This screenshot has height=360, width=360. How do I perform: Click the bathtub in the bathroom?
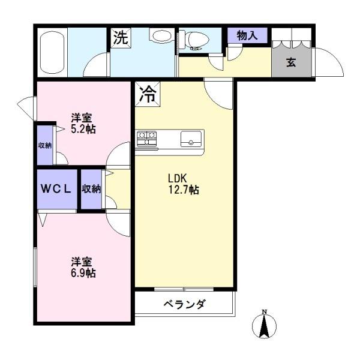click(x=52, y=53)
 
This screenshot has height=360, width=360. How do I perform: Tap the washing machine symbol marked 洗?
click(x=121, y=38)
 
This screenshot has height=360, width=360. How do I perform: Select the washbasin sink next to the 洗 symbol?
click(x=161, y=35)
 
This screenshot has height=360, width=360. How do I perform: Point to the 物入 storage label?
click(x=247, y=35)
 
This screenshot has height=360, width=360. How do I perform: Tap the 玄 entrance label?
click(x=291, y=62)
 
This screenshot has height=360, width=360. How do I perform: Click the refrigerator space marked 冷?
click(x=148, y=94)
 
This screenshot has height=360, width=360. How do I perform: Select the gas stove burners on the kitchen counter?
click(x=147, y=138)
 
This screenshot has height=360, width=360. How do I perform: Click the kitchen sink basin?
click(x=191, y=139)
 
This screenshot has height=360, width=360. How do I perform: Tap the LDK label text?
click(x=177, y=178)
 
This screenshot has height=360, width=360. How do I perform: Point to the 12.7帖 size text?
click(x=184, y=190)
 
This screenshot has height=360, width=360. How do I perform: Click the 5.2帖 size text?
click(x=83, y=129)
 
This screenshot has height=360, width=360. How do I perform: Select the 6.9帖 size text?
click(x=83, y=273)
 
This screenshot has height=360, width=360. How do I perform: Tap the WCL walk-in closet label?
click(x=56, y=189)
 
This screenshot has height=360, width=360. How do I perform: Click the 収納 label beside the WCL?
click(x=91, y=189)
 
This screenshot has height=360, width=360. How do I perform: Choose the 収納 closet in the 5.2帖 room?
click(x=45, y=145)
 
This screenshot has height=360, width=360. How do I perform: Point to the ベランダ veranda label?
click(x=184, y=304)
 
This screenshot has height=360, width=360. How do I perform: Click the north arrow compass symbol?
click(x=264, y=325)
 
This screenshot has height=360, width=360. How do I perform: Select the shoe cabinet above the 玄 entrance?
click(x=292, y=38)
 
